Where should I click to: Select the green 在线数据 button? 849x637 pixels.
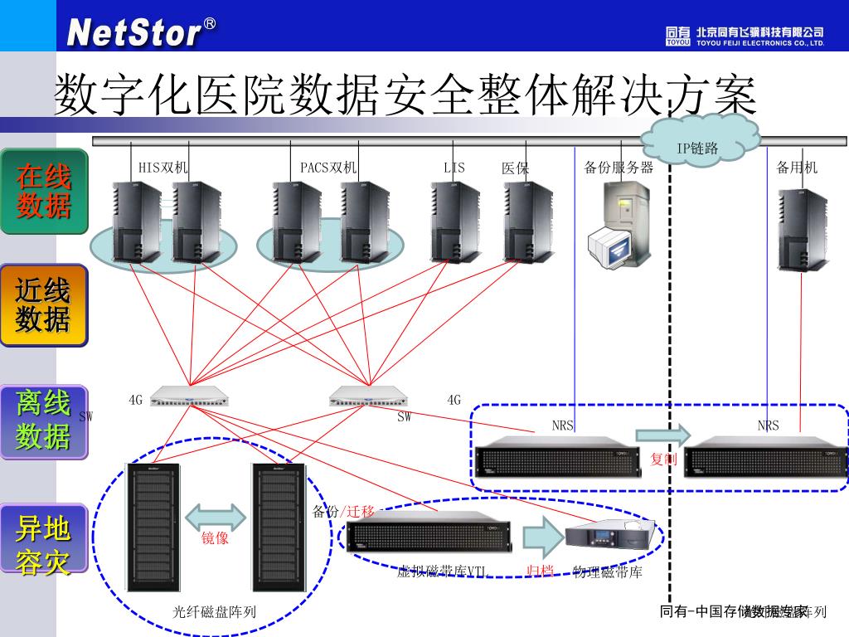(x=44, y=191)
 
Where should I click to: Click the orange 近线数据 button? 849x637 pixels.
(x=44, y=305)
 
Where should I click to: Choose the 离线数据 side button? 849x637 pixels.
(x=44, y=421)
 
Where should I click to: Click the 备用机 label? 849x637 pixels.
(x=797, y=168)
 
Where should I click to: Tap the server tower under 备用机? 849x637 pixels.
(x=802, y=230)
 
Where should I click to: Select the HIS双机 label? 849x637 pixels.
(x=163, y=168)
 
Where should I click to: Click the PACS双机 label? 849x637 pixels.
(x=328, y=168)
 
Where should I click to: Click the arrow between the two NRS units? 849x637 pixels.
(x=663, y=434)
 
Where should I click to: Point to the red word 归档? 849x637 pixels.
(x=541, y=571)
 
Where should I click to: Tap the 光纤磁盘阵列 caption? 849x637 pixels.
(x=214, y=613)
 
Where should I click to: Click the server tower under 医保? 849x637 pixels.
(x=528, y=221)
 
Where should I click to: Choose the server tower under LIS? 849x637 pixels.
(x=454, y=221)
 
